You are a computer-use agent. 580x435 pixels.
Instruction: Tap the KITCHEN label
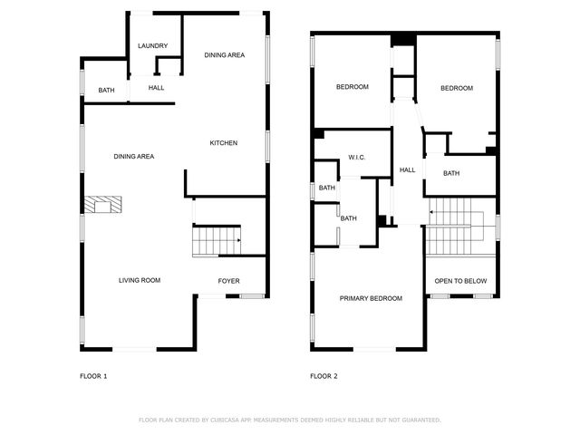pos(224,143)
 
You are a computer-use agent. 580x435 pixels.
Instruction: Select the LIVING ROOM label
pos(140,280)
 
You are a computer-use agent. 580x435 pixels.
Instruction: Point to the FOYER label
pos(229,281)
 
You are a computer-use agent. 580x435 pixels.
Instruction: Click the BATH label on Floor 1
pos(107,91)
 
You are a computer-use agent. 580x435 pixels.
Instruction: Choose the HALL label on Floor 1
pos(157,88)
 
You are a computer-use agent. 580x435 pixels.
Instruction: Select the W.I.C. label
pos(356,158)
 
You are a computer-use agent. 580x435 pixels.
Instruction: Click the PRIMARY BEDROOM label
pos(371,298)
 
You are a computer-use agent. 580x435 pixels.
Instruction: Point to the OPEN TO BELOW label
pos(460,281)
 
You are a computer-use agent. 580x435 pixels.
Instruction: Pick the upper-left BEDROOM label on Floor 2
pos(353,87)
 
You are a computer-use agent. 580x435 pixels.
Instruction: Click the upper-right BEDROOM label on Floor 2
pos(457,88)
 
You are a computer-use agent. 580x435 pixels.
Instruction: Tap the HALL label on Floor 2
pos(408,169)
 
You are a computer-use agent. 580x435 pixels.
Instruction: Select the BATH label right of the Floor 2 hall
pos(451,173)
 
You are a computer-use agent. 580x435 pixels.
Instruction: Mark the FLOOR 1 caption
pos(94,375)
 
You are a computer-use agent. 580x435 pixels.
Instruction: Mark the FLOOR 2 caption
pos(324,375)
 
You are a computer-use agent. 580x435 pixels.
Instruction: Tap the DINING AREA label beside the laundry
pos(224,55)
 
